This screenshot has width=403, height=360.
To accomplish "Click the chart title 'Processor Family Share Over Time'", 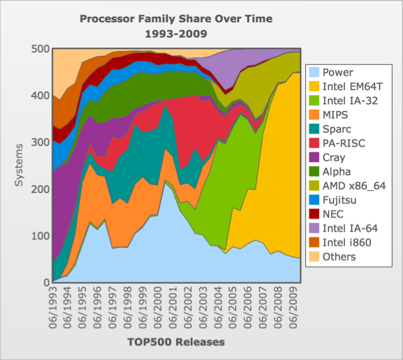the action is (x=176, y=19).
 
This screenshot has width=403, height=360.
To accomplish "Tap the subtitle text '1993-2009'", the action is (x=176, y=34).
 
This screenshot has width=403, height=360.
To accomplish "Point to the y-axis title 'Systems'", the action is (x=19, y=165).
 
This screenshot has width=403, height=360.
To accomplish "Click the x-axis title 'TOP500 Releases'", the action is (x=176, y=342).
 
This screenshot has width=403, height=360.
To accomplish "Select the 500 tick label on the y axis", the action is (x=41, y=49).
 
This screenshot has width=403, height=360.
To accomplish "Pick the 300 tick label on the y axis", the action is (x=41, y=142).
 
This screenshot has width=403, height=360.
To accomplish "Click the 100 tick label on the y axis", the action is (x=41, y=236).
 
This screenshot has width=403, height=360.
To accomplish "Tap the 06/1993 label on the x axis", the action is (x=53, y=308).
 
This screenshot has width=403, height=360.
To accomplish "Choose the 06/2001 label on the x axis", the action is (x=173, y=308).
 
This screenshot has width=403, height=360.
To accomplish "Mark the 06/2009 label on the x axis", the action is (x=293, y=308).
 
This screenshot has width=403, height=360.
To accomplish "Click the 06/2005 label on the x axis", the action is (x=233, y=308).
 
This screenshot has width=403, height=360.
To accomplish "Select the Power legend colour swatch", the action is (x=314, y=72).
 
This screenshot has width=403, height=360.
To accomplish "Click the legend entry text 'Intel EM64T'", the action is (x=353, y=87).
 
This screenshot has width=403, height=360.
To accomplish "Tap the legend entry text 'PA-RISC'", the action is (x=344, y=143).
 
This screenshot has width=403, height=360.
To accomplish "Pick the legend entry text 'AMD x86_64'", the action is (x=354, y=186).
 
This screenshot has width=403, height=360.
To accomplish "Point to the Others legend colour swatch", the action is (x=314, y=257).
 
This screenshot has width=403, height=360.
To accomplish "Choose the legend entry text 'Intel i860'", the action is (x=347, y=243).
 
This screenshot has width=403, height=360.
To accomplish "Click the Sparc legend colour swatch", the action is (x=314, y=129).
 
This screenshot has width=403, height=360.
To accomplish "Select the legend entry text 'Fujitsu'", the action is (x=339, y=200).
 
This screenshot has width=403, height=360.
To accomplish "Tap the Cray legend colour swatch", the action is (x=314, y=157).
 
